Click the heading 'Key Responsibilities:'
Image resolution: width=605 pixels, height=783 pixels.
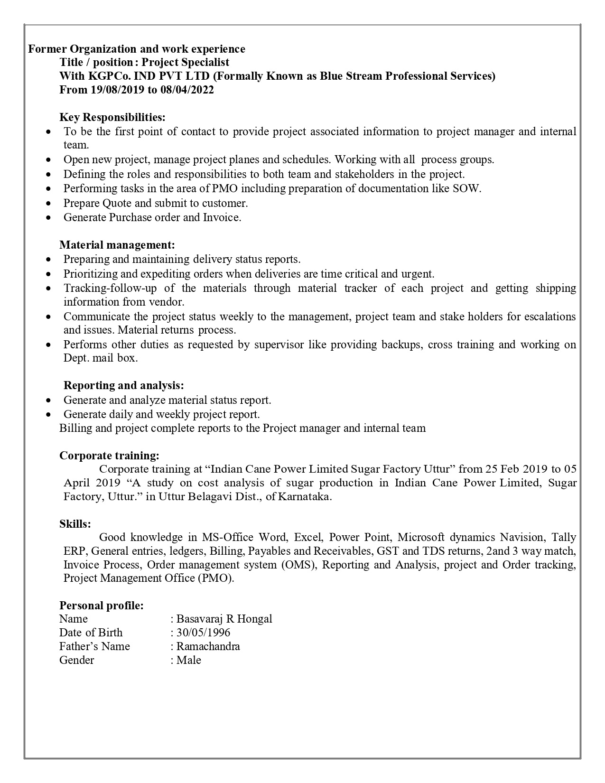click(112, 117)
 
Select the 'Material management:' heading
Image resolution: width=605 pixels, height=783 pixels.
click(117, 245)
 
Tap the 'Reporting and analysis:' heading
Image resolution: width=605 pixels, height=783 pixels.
click(123, 385)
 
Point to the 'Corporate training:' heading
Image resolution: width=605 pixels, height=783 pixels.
click(109, 456)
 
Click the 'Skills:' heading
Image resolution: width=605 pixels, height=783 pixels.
click(75, 524)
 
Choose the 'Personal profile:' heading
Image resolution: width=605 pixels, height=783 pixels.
click(101, 606)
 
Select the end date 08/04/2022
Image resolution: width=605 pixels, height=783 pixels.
click(186, 90)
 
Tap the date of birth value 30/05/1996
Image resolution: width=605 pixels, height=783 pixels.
click(203, 633)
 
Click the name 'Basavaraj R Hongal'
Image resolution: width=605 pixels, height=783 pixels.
click(224, 619)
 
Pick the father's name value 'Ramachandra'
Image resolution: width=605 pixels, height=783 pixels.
click(208, 646)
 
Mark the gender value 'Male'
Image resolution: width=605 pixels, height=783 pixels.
click(189, 660)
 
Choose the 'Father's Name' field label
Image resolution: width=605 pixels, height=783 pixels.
click(94, 646)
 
